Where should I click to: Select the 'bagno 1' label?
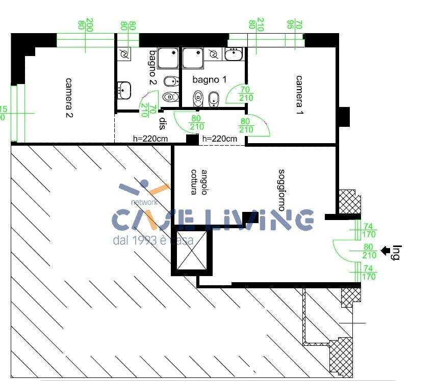(x=209, y=79)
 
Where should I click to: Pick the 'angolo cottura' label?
(x=199, y=182)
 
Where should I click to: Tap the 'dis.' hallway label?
(x=163, y=124)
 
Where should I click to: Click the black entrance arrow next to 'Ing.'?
(x=386, y=250)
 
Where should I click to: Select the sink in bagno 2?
(x=124, y=91)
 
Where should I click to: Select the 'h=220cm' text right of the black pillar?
(x=220, y=139)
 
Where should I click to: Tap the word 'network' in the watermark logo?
(x=145, y=202)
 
